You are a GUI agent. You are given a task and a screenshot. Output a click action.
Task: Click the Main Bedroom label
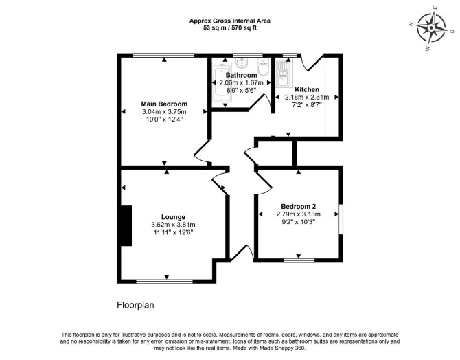(x=164, y=104)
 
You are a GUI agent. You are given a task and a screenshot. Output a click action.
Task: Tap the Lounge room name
(x=174, y=217)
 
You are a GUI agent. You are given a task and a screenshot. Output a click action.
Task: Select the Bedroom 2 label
(x=299, y=206)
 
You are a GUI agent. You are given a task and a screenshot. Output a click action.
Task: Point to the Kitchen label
(x=307, y=89)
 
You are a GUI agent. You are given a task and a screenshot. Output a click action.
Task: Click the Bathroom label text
(x=242, y=75)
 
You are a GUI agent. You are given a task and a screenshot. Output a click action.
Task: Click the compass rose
(x=431, y=28)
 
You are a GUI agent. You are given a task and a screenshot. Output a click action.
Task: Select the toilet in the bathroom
(x=264, y=67)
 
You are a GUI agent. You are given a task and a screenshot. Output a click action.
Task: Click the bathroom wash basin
(x=242, y=62)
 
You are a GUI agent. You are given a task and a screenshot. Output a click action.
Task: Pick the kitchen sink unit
(x=283, y=74)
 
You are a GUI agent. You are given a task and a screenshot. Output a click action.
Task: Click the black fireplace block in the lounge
(x=126, y=225)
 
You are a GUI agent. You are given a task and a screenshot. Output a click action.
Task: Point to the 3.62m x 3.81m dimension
(x=174, y=225)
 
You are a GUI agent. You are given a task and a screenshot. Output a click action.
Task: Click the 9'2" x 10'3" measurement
(x=299, y=222)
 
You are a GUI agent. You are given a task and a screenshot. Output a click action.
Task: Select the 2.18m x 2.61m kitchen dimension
(x=307, y=97)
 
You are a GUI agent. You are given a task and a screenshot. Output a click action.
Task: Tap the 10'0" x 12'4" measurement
(x=164, y=120)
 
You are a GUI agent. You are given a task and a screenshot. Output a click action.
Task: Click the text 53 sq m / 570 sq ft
(x=230, y=28)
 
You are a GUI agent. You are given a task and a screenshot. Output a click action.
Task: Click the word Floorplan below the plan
(x=135, y=305)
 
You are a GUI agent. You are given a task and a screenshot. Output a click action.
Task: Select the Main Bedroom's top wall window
(x=163, y=55)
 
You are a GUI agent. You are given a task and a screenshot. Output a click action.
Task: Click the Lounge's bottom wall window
(x=165, y=281)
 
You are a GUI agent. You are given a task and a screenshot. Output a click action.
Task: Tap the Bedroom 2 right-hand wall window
(x=341, y=219)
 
